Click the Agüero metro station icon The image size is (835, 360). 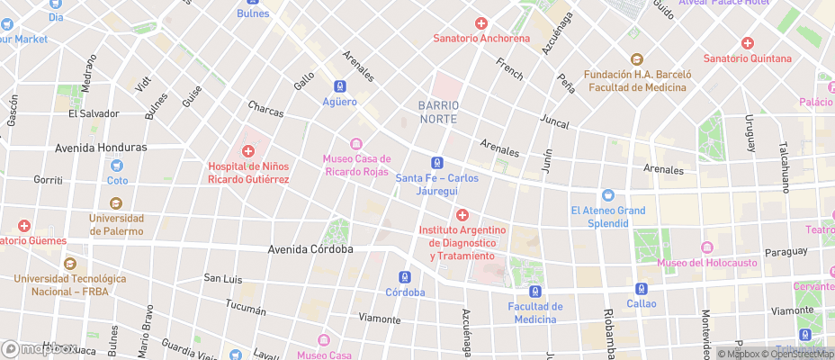coord(340,86)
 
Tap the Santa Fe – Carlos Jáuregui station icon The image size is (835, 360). coord(436,163)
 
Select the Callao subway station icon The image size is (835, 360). coord(642,289)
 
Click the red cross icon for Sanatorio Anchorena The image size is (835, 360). coord(481,23)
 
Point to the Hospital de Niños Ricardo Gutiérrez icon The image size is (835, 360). coord(247,150)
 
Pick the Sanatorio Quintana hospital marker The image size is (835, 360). coord(747,43)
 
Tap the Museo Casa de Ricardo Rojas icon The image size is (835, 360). coord(355,144)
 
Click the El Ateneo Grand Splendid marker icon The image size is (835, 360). coord(607,195)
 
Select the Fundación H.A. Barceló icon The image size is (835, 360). coord(636,58)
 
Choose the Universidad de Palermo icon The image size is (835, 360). coord(116,202)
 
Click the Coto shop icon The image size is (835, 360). coord(117,165)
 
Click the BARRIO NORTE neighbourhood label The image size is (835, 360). coord(439,112)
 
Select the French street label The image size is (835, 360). coord(509,68)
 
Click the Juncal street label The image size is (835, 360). coord(555,120)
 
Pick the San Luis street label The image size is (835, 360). coord(223,278)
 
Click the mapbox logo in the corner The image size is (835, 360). coord(38,349)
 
